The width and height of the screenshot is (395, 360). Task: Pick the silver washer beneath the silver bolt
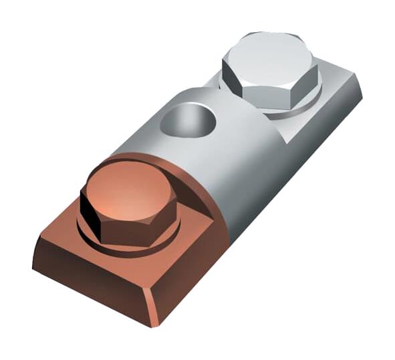tap(294, 107)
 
